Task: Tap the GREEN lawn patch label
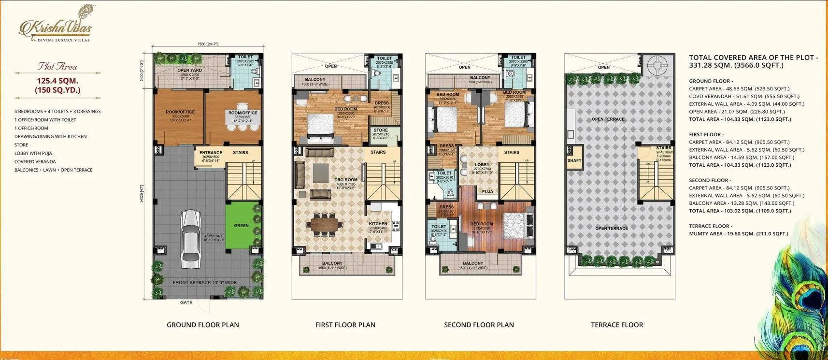pyautogui.click(x=241, y=225)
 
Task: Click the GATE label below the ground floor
pyautogui.click(x=186, y=302)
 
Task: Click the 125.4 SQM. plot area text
pyautogui.click(x=57, y=81)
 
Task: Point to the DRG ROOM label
pyautogui.click(x=346, y=180)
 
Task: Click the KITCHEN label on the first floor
pyautogui.click(x=378, y=224)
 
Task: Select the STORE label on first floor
pyautogui.click(x=381, y=130)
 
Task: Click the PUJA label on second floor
pyautogui.click(x=487, y=191)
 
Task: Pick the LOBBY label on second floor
pyautogui.click(x=482, y=165)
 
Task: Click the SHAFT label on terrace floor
pyautogui.click(x=574, y=160)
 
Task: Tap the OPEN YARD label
pyautogui.click(x=189, y=71)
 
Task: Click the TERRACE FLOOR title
pyautogui.click(x=617, y=325)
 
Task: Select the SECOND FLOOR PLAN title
pyautogui.click(x=479, y=325)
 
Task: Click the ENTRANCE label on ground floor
pyautogui.click(x=211, y=153)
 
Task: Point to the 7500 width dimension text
pyautogui.click(x=208, y=44)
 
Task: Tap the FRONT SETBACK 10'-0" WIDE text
pyautogui.click(x=204, y=282)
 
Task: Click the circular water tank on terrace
pyautogui.click(x=657, y=64)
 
